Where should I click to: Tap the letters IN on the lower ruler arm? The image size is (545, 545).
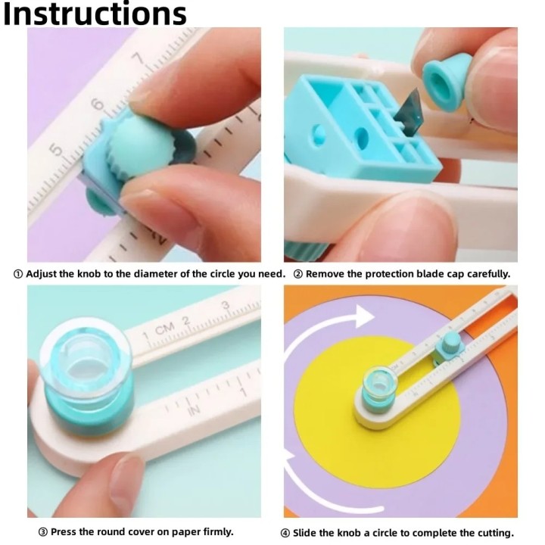(193, 410)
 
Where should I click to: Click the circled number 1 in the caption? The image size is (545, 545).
(18, 274)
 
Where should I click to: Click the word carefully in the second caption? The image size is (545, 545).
(481, 274)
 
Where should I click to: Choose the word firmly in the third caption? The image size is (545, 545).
(213, 532)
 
